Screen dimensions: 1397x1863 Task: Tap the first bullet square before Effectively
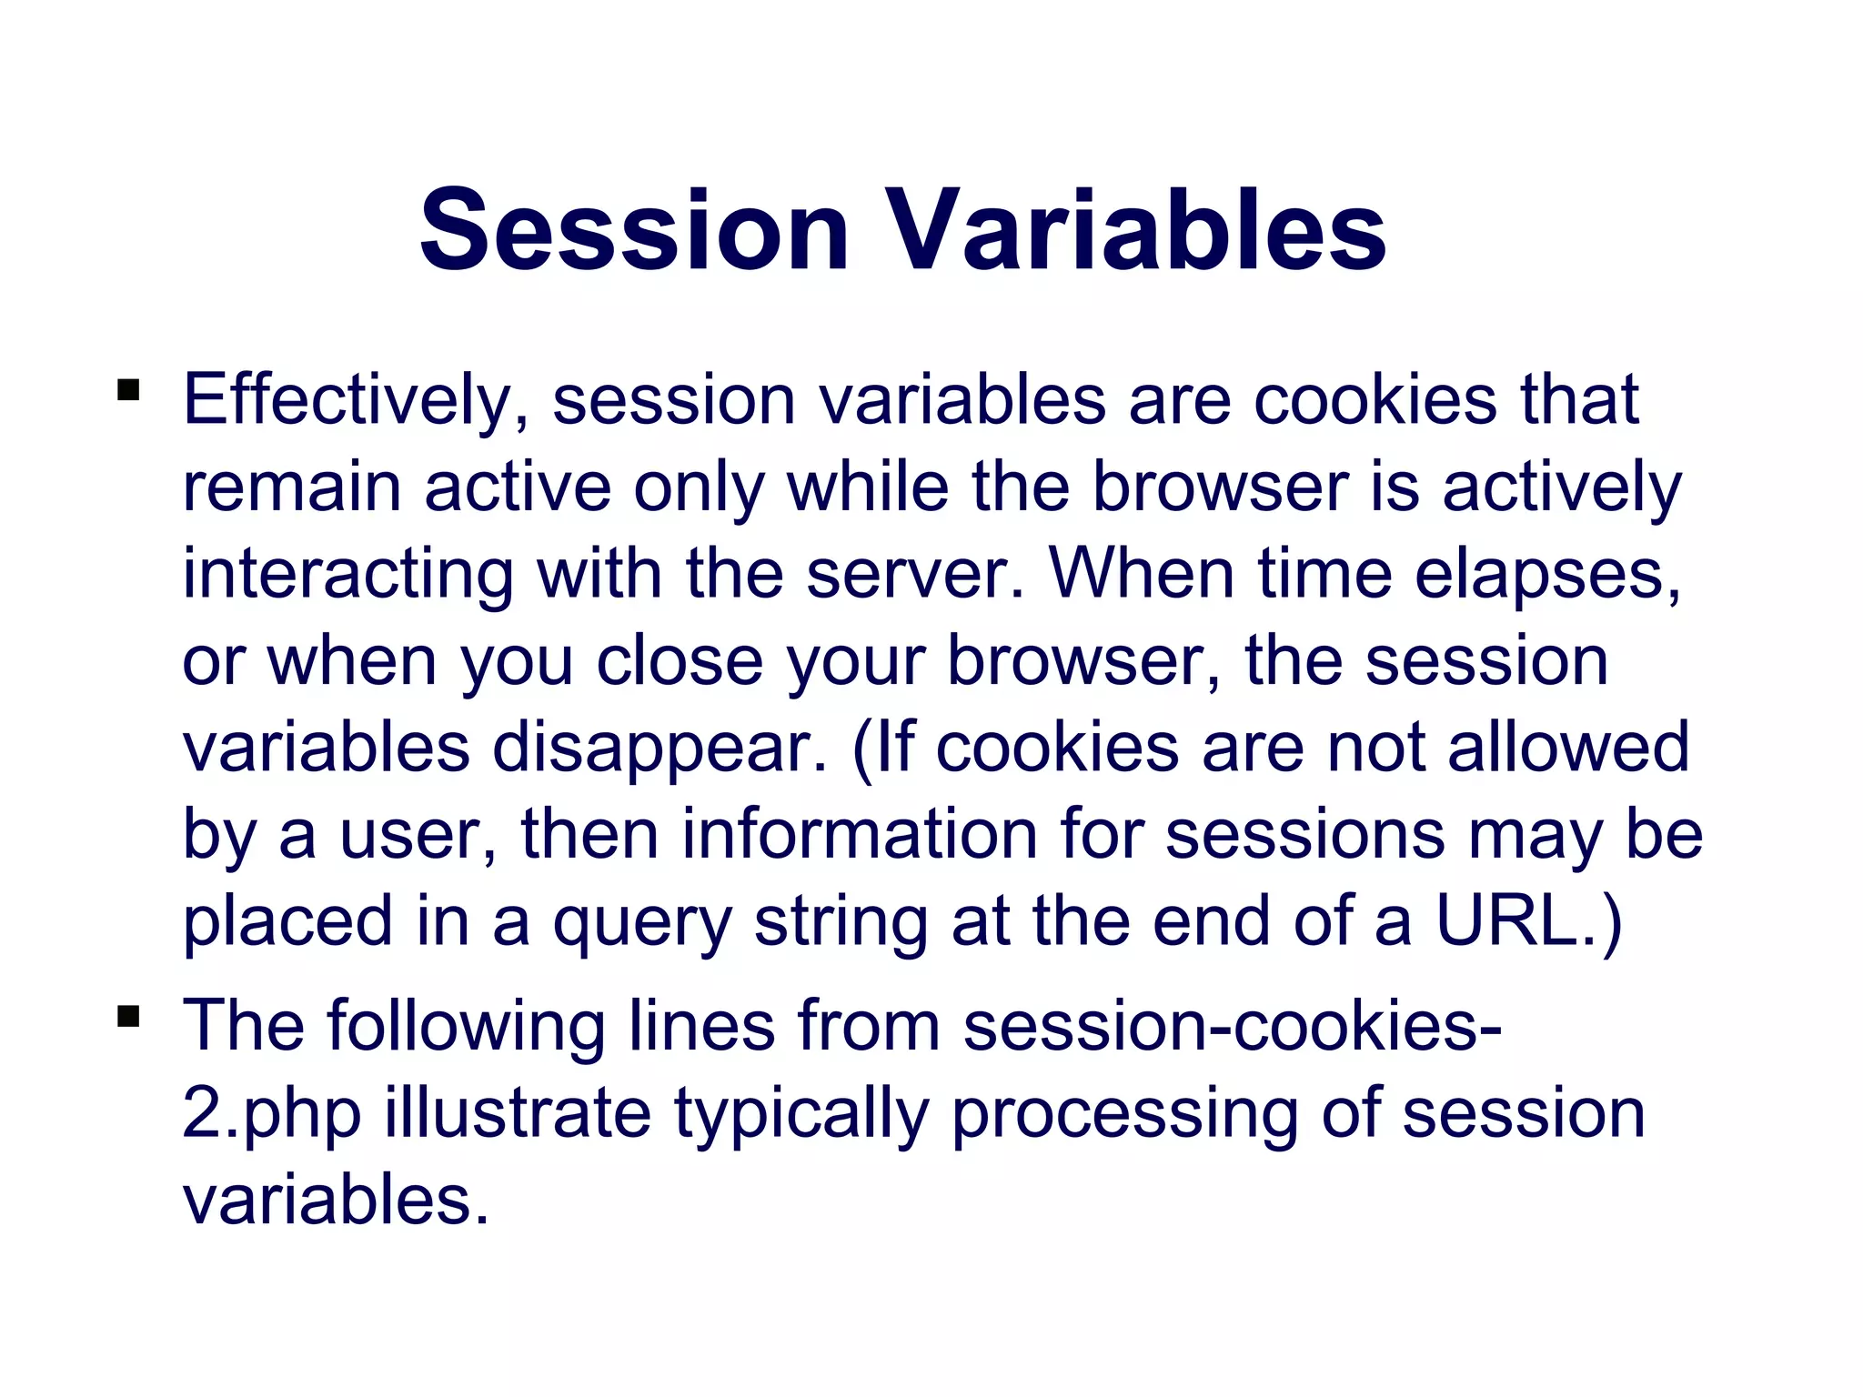pos(128,390)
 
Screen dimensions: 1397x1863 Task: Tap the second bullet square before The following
pos(128,1015)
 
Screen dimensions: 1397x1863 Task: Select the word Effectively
pos(356,400)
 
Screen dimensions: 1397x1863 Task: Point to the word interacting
pos(347,575)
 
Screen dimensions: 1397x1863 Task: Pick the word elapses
pos(1546,575)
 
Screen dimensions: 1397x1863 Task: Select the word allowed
pos(1567,746)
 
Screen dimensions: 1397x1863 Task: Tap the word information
pos(860,833)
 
